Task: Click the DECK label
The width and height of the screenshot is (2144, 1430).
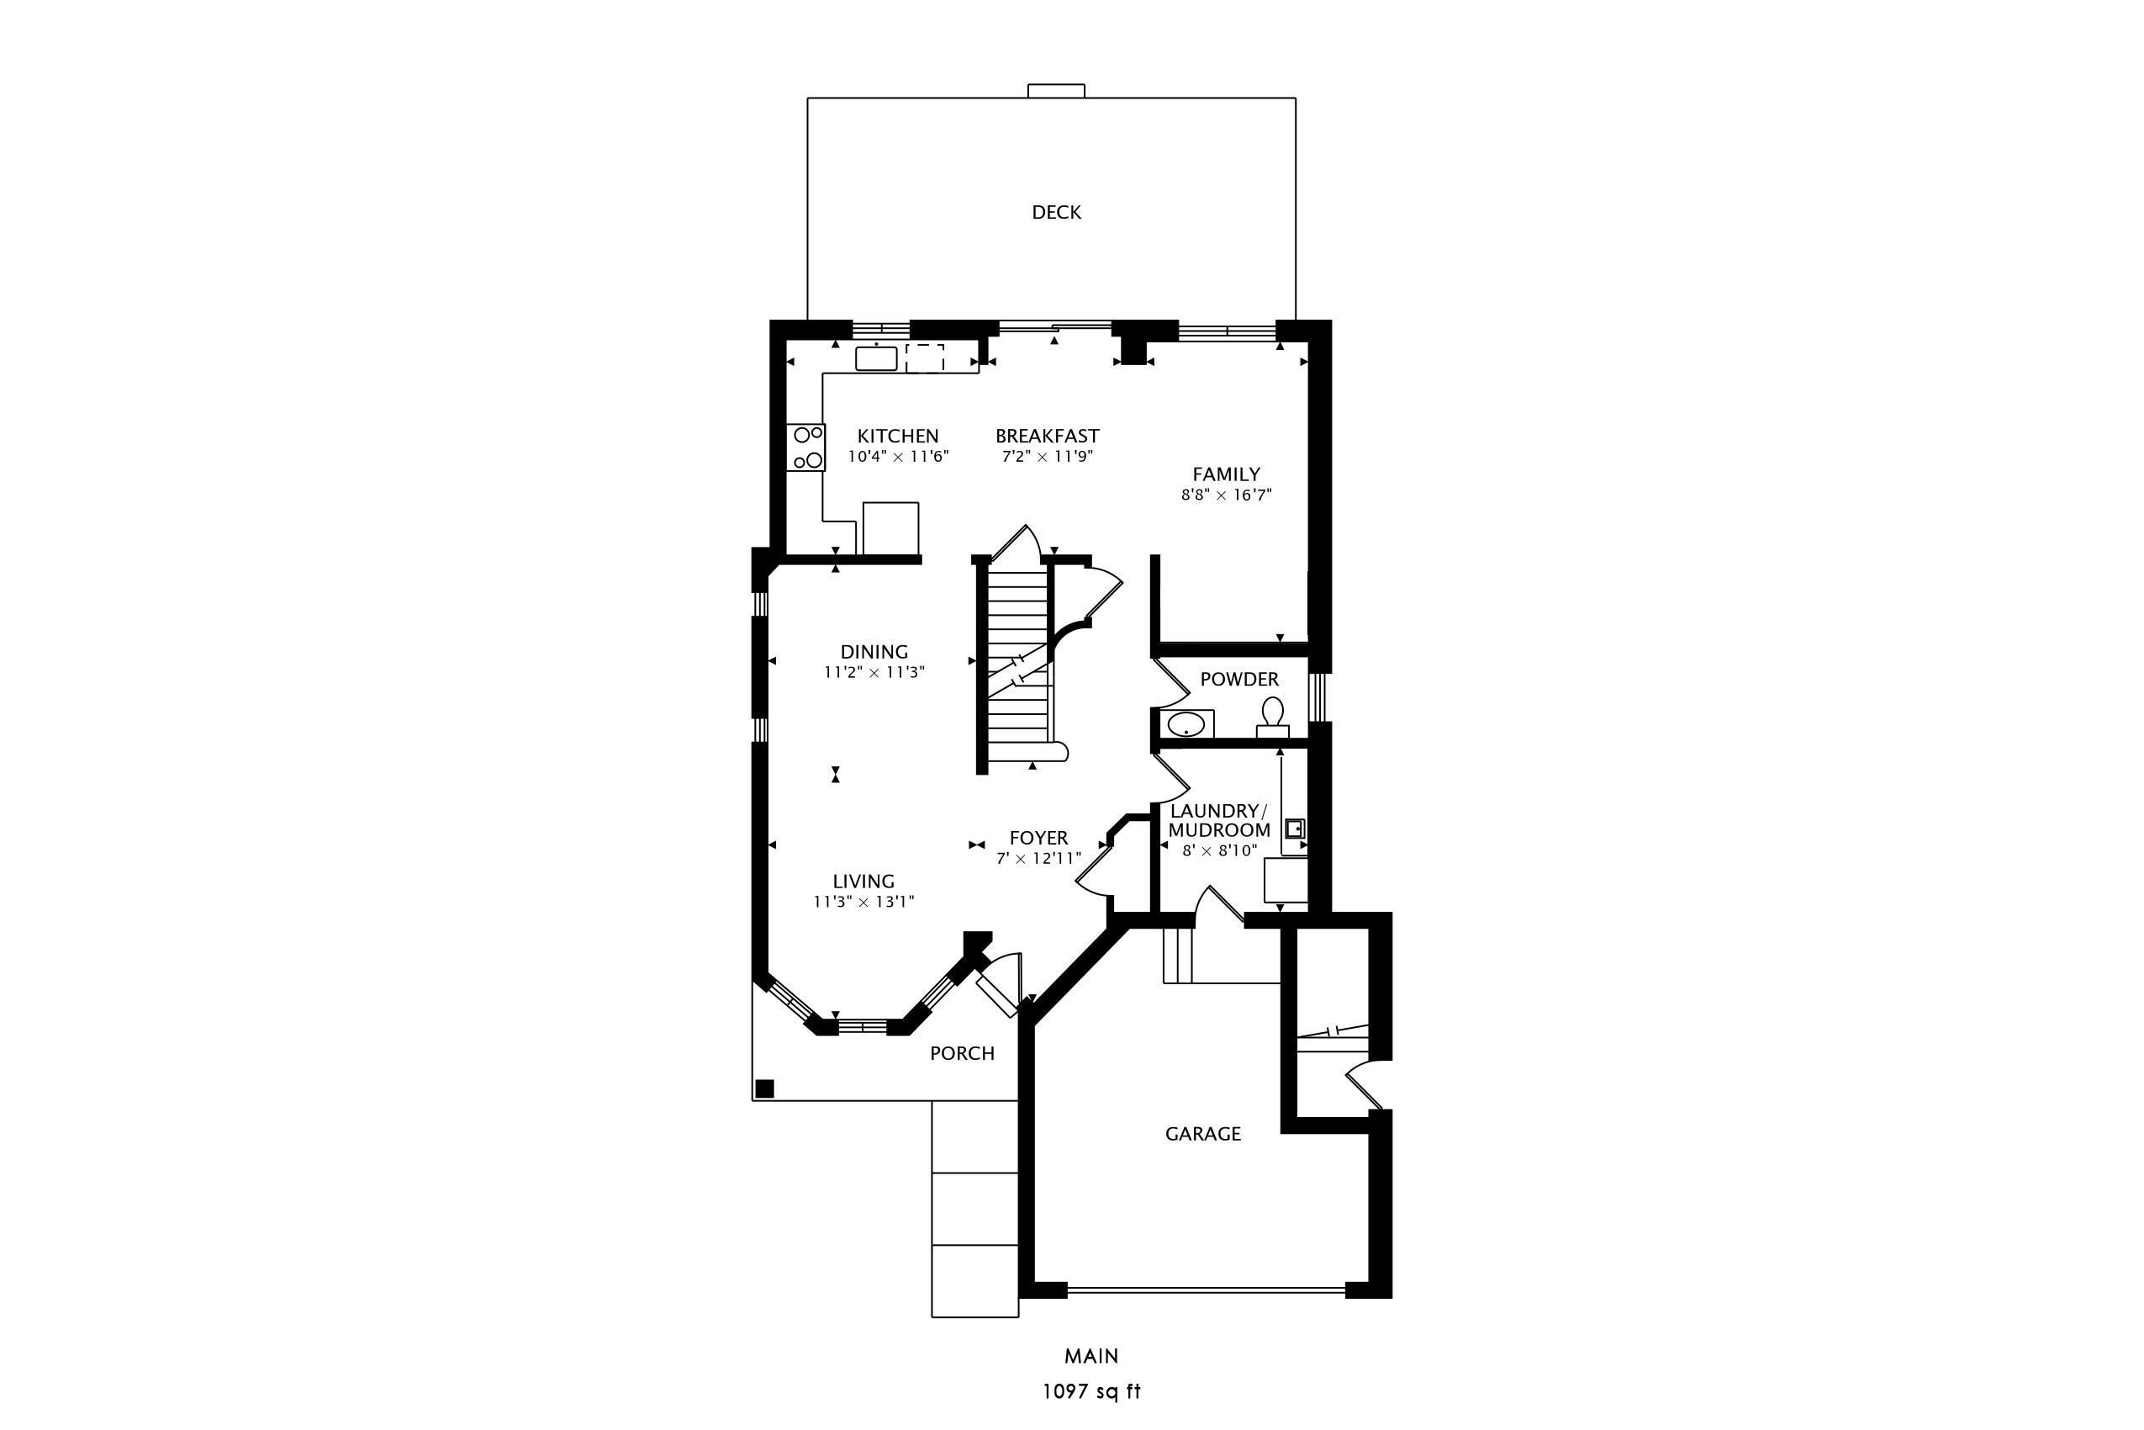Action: point(1057,213)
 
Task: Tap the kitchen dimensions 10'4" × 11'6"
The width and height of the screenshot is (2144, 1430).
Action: point(899,457)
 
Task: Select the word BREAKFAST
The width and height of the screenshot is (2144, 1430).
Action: point(1048,436)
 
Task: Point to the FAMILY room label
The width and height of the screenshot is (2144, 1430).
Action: point(1227,474)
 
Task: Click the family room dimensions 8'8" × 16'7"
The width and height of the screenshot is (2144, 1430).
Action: point(1227,495)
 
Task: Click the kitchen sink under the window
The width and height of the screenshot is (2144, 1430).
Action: point(876,358)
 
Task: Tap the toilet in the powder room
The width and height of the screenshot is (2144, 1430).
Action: point(1273,718)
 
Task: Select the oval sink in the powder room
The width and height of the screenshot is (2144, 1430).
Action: point(1187,725)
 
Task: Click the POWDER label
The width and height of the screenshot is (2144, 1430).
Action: point(1239,680)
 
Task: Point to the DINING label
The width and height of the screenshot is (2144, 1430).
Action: point(874,652)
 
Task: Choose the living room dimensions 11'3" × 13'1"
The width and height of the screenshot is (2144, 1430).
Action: point(864,902)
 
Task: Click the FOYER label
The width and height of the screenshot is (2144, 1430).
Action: point(1039,838)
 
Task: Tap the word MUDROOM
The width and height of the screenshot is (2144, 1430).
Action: point(1220,831)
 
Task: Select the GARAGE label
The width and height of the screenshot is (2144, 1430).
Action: point(1203,1134)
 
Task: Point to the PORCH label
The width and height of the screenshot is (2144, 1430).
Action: point(963,1053)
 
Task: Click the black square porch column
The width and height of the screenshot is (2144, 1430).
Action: point(765,1088)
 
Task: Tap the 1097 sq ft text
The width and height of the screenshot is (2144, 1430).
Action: point(1092,1391)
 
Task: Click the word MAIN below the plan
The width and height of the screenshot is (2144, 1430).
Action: point(1092,1356)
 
